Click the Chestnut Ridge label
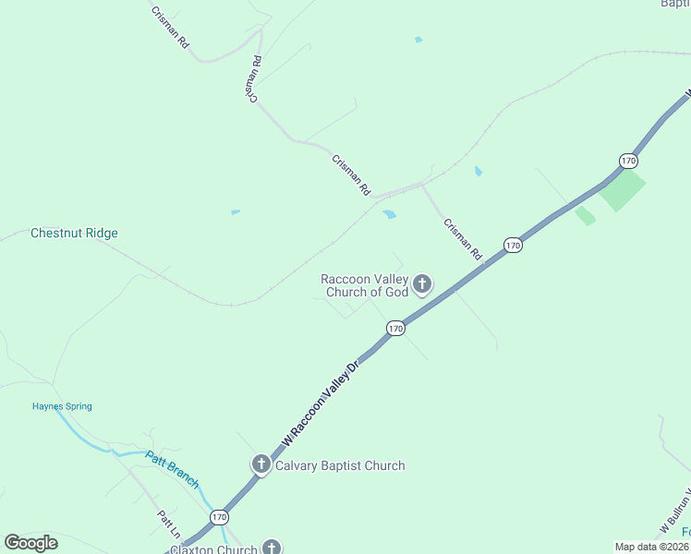[x=74, y=234]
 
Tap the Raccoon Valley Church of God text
[x=365, y=285]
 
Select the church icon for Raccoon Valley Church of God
[x=422, y=283]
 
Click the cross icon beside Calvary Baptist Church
[x=261, y=464]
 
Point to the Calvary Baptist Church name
[x=340, y=465]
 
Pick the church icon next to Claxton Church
[x=271, y=548]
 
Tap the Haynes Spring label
[x=62, y=406]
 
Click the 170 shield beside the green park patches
[x=629, y=161]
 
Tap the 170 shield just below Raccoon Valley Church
[x=395, y=329]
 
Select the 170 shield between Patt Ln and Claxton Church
[x=218, y=517]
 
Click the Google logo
[x=30, y=543]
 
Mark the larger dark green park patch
[x=622, y=192]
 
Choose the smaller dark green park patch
[x=586, y=216]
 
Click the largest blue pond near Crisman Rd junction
[x=389, y=214]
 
